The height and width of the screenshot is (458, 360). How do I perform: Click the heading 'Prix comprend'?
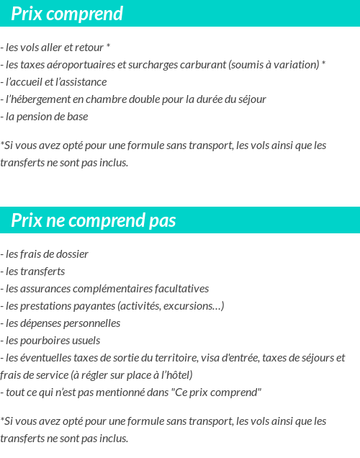click(x=67, y=14)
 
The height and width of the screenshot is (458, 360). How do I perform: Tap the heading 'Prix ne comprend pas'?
click(x=94, y=220)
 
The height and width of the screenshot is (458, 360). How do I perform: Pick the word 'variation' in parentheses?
click(x=295, y=65)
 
